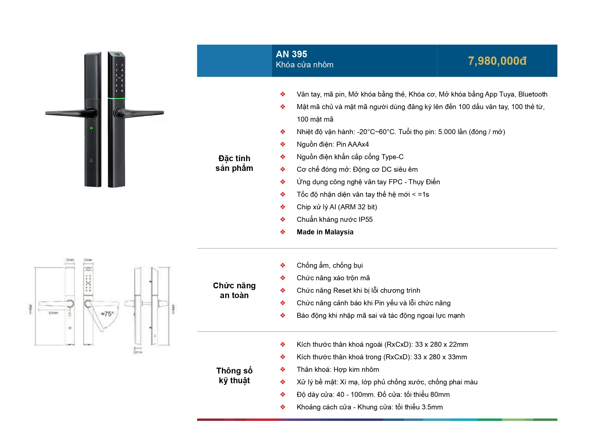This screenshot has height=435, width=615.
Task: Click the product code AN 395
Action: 291,54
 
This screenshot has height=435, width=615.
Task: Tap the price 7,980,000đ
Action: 497,61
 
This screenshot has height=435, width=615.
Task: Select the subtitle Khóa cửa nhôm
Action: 304,65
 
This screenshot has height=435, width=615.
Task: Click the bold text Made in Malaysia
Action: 325,232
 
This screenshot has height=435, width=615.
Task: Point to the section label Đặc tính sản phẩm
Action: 234,163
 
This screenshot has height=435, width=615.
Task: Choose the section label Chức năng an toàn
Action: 234,290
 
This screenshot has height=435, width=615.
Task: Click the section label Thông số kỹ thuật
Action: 234,375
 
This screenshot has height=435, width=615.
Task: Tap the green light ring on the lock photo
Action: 117,98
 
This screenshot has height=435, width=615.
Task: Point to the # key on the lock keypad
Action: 122,91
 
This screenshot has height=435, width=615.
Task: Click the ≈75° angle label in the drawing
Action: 107,314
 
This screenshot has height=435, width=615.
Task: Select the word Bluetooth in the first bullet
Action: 533,94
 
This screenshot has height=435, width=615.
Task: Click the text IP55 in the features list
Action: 365,220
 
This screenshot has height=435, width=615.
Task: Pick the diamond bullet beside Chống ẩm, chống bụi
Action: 283,265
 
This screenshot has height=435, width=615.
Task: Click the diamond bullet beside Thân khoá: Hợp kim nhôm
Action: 283,369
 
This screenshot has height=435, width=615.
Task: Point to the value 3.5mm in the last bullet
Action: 432,407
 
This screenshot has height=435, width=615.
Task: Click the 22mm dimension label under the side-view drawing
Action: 138,352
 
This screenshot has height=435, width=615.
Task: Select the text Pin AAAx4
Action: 352,144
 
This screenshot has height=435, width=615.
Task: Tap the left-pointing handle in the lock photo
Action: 70,112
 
